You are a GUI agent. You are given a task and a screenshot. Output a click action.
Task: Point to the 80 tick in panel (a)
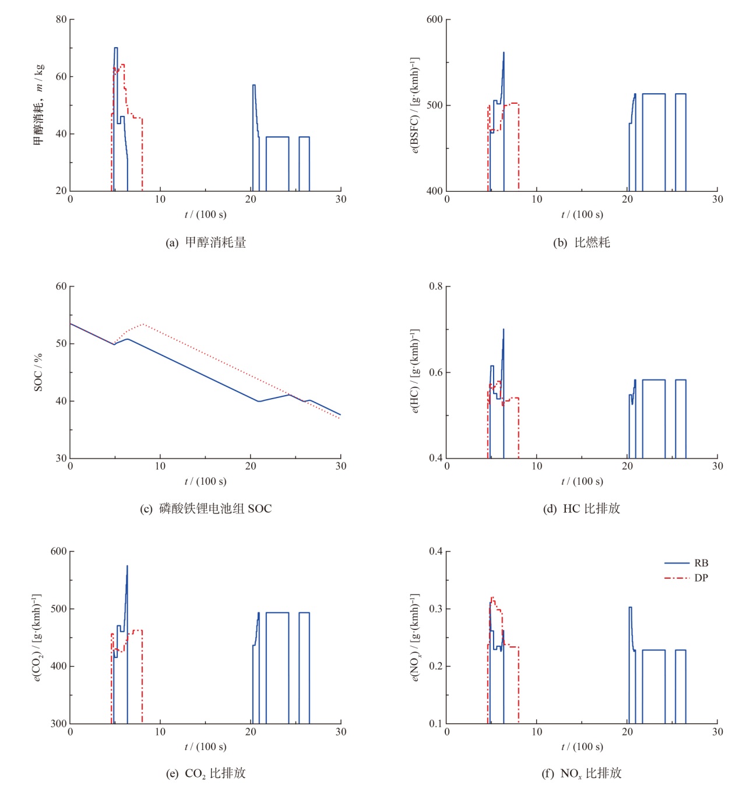click(x=61, y=19)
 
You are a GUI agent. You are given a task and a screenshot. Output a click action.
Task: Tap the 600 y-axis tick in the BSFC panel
click(x=434, y=19)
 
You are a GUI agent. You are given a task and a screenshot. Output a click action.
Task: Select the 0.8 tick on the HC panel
click(x=435, y=286)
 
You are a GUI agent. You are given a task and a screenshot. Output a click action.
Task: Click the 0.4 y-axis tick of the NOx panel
click(x=435, y=551)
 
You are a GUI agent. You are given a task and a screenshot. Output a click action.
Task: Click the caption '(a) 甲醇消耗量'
click(x=206, y=242)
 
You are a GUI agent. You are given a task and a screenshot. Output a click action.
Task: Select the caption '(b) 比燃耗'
click(x=581, y=242)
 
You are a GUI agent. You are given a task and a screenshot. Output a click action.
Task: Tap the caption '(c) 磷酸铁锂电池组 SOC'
click(x=206, y=508)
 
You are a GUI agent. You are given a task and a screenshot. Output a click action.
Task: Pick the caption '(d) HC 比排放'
click(x=581, y=508)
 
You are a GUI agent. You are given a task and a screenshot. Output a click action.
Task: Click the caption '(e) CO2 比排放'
click(x=206, y=773)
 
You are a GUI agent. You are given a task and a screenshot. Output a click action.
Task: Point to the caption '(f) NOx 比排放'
click(x=581, y=773)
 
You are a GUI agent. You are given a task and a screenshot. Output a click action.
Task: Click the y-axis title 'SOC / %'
click(x=38, y=372)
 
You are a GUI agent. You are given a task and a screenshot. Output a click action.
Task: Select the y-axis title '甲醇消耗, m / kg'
click(x=38, y=105)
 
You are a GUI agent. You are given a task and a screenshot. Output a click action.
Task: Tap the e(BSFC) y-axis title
click(x=414, y=105)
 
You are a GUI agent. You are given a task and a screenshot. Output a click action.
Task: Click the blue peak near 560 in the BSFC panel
click(x=504, y=52)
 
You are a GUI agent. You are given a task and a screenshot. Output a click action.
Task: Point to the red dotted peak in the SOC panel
click(x=143, y=324)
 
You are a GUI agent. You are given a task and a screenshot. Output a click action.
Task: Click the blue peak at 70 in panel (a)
click(x=115, y=48)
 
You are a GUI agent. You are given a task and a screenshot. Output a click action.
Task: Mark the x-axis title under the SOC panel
click(x=205, y=481)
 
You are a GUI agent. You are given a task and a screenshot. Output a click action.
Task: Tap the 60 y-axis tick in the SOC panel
click(x=61, y=286)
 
